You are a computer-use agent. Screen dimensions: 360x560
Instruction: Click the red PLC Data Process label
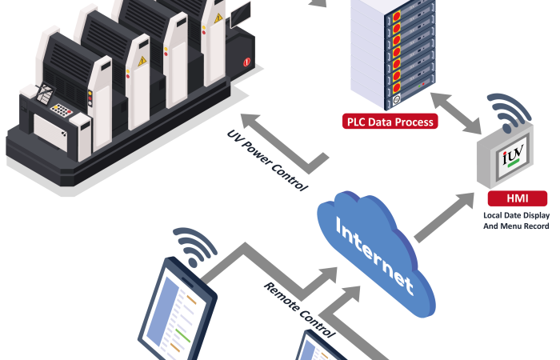pyautogui.click(x=390, y=122)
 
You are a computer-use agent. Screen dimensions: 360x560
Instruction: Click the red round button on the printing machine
pyautogui.click(x=246, y=62)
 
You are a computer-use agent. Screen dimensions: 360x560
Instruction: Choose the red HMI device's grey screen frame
pyautogui.click(x=509, y=161)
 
